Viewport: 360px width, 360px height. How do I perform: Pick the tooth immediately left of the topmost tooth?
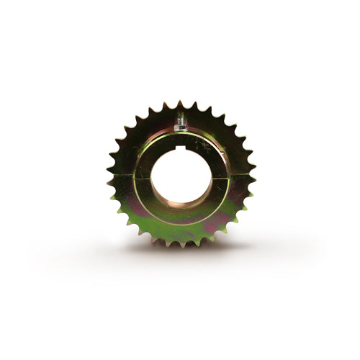tap(165, 104)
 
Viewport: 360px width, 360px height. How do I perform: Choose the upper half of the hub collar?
tap(181, 141)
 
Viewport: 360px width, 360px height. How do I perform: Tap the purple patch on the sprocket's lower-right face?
tap(216, 220)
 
